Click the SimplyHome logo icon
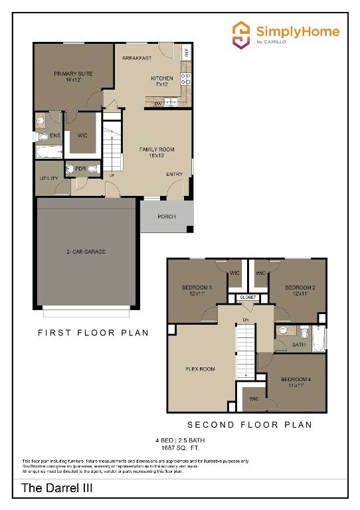click(241, 33)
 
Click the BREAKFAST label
click(137, 58)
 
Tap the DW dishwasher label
click(159, 104)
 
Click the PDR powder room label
click(80, 169)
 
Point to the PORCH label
click(166, 217)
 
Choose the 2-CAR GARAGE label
click(86, 252)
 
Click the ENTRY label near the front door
click(175, 175)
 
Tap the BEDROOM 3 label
click(197, 291)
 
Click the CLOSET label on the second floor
click(248, 297)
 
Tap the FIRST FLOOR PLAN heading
click(93, 332)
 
